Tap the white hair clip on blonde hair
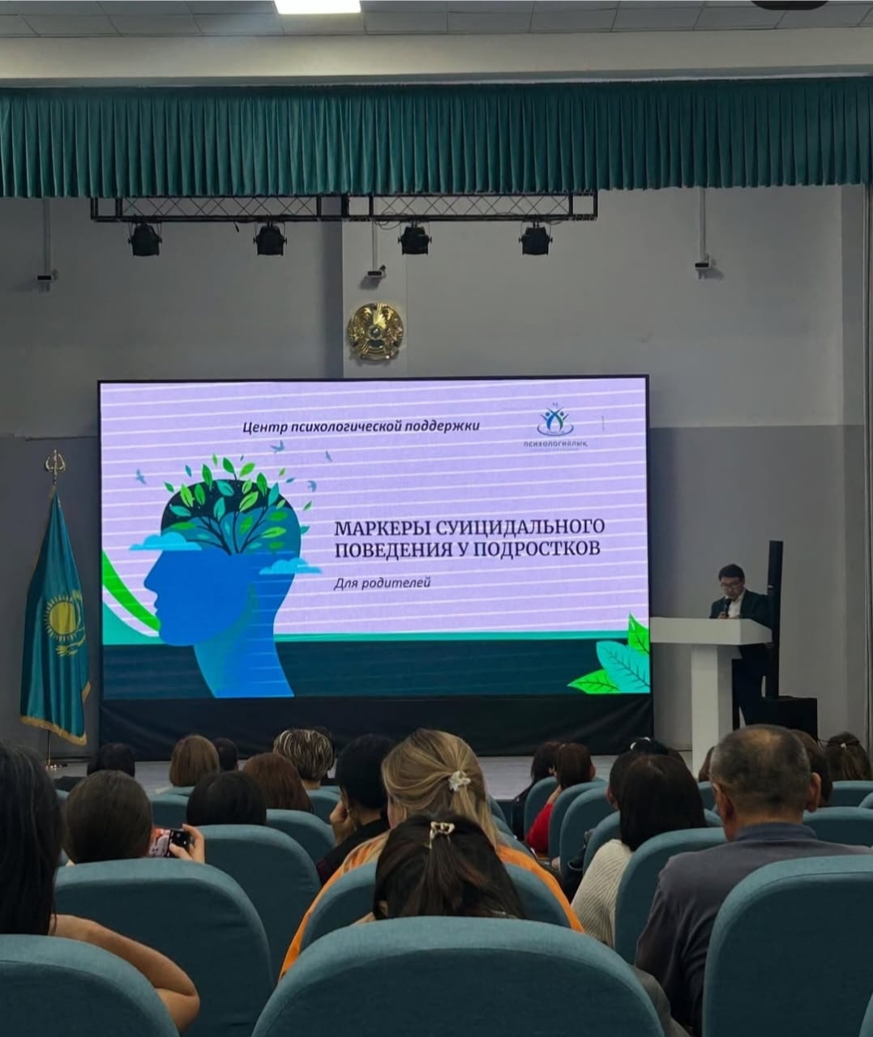pos(460,780)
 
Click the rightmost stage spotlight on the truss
pos(535,239)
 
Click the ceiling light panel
pos(317,6)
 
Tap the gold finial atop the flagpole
pos(55,466)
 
